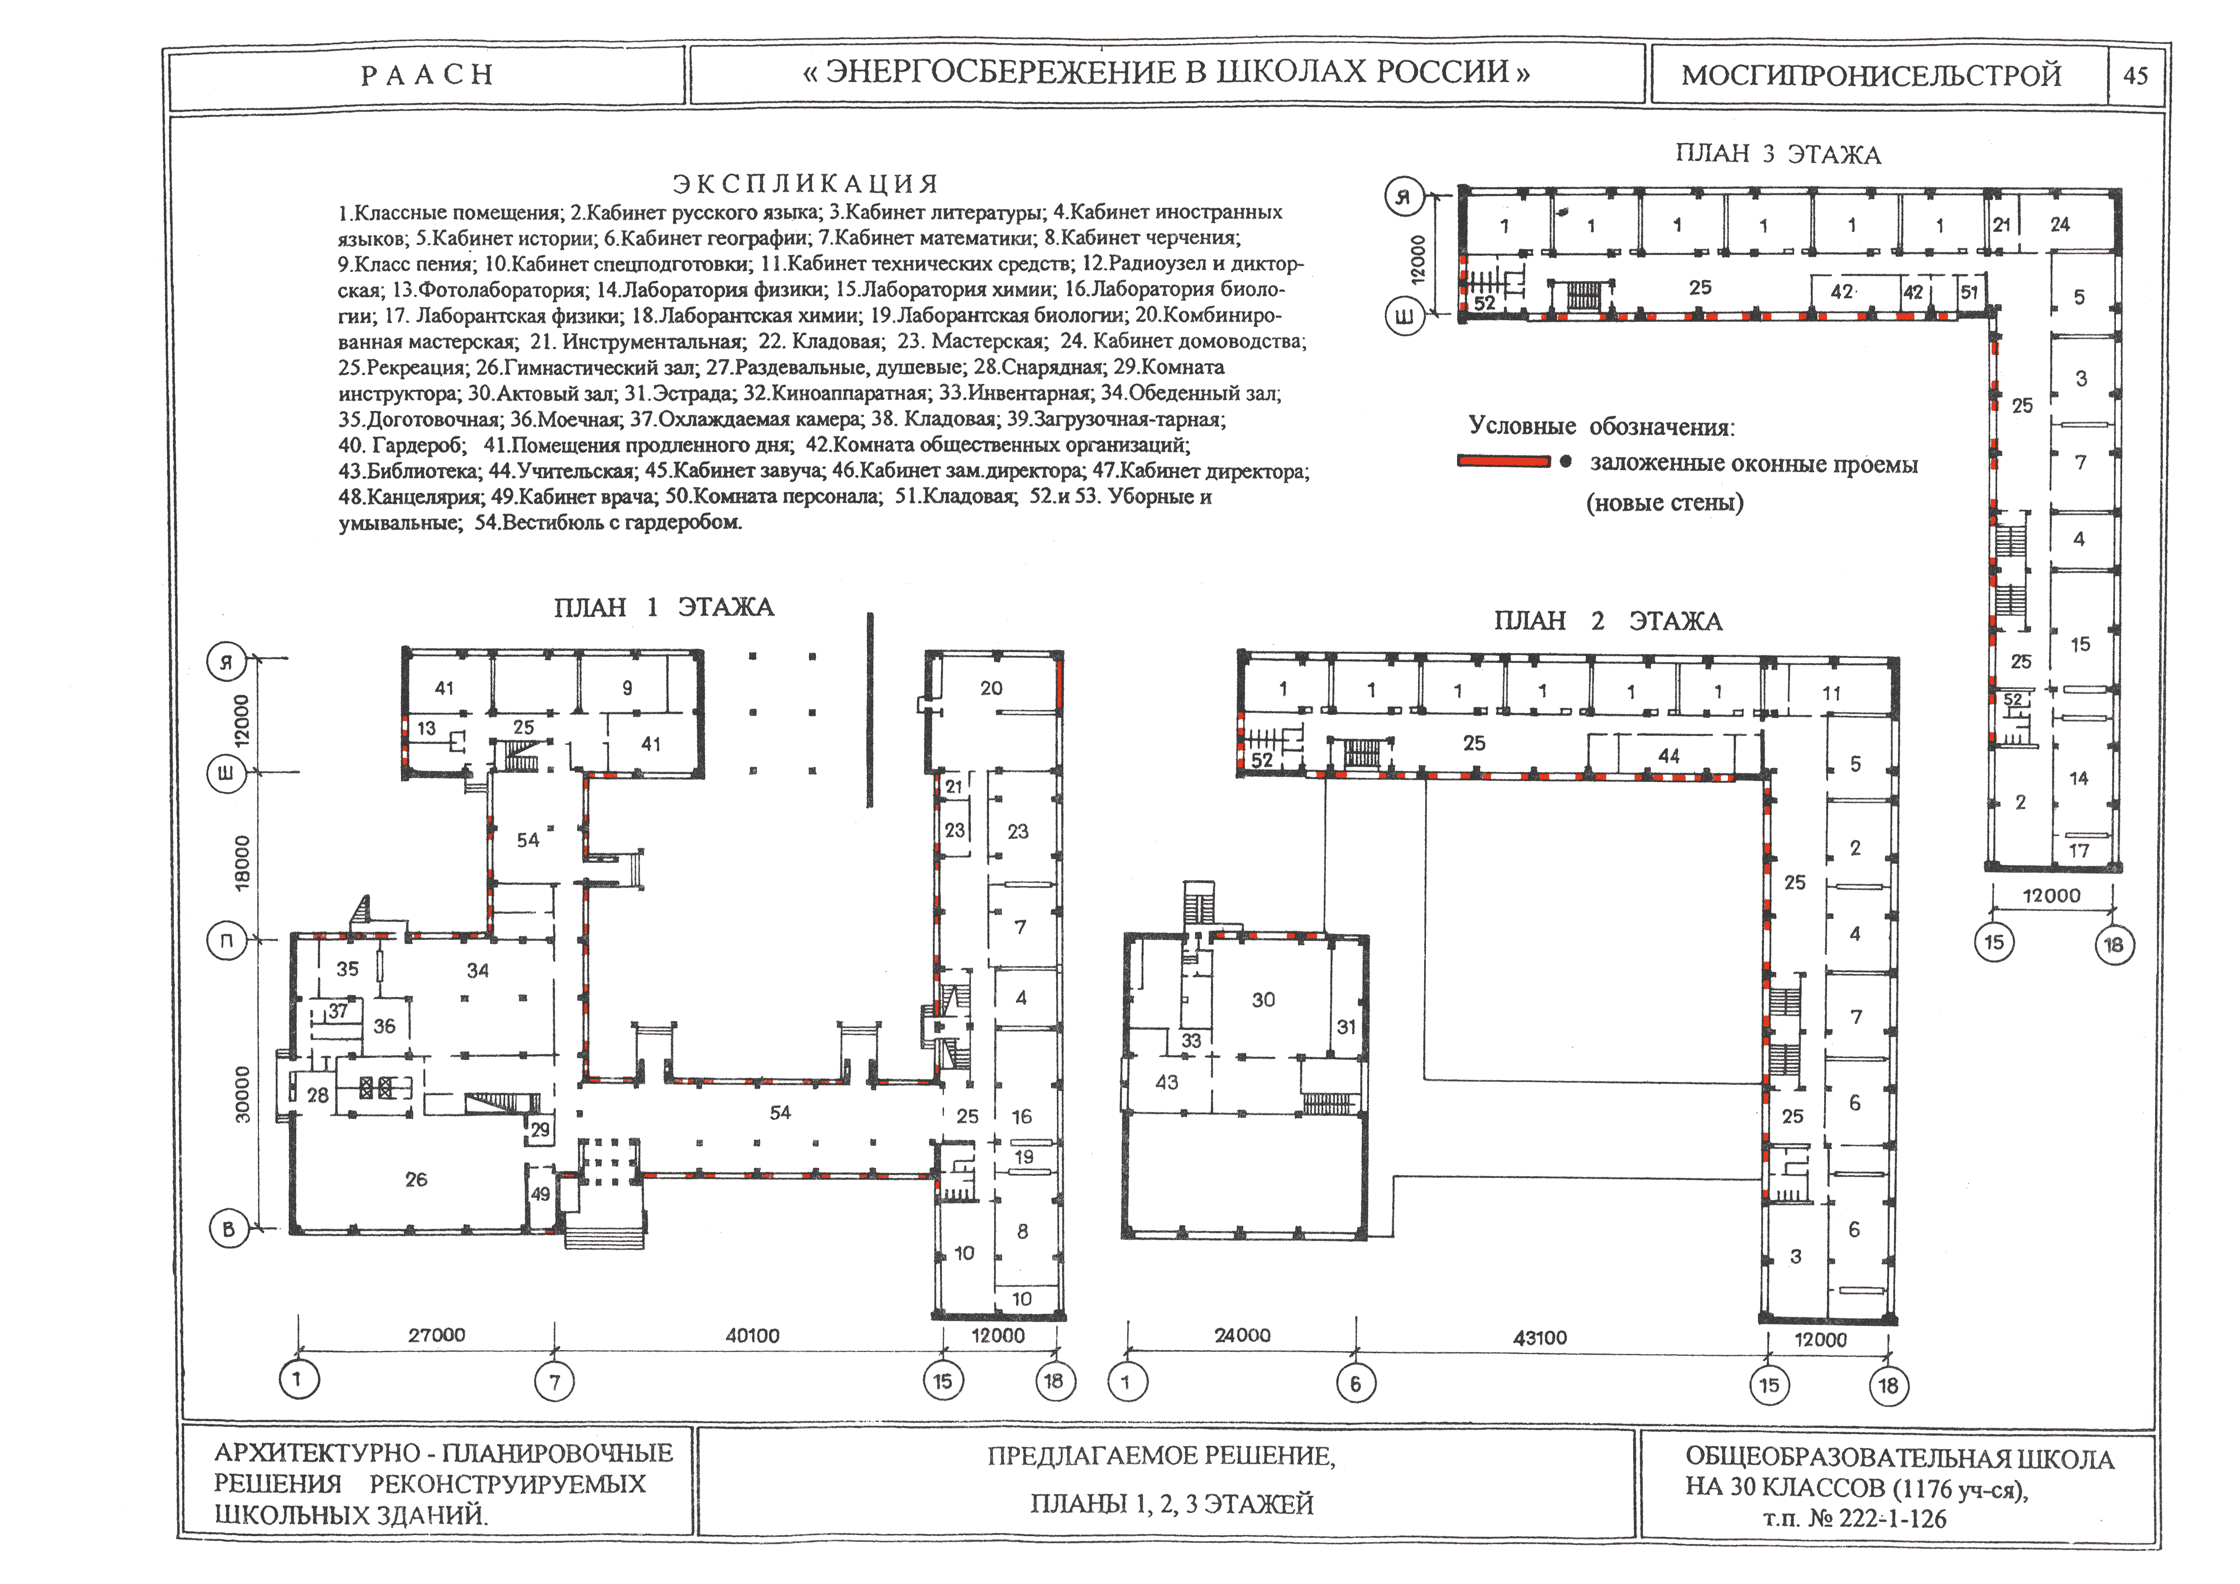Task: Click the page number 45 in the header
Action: coord(2136,75)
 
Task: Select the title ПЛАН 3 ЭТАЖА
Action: coord(1778,154)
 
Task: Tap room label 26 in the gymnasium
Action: coord(417,1179)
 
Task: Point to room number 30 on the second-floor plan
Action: coord(1263,1000)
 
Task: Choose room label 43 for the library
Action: coord(1167,1082)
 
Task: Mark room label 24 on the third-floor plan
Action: coord(2059,224)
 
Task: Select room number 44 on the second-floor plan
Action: coord(1669,756)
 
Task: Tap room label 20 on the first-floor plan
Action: coord(991,688)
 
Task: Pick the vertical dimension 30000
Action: coord(242,1093)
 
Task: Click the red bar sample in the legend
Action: coord(1504,461)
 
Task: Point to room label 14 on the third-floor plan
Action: coord(2079,778)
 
